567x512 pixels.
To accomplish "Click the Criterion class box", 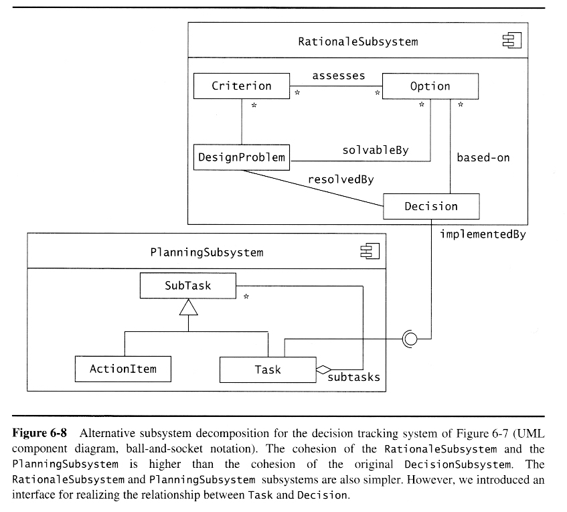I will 241,86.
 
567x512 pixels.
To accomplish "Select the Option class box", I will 430,86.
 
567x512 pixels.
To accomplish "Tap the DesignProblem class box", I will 241,158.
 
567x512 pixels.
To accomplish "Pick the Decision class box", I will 431,206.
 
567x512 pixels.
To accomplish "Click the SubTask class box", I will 187,286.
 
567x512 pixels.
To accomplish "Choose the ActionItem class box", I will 123,369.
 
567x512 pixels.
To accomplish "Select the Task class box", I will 268,369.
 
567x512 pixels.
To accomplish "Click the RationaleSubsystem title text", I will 357,41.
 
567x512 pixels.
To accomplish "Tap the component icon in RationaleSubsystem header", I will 511,41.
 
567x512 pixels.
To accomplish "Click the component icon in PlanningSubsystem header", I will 370,252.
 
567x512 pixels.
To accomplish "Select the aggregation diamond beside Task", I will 324,369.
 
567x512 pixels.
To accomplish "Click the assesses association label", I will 339,76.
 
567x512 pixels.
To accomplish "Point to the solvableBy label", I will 375,150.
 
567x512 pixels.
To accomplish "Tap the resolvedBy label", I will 341,179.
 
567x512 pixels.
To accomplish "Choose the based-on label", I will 483,158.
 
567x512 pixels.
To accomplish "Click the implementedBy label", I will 483,234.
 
